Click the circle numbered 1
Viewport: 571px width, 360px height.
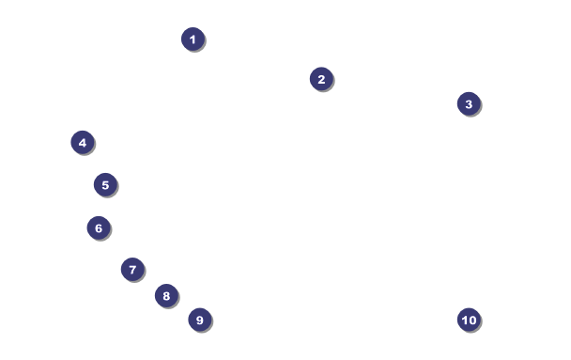(x=193, y=39)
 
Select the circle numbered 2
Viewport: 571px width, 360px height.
(x=321, y=79)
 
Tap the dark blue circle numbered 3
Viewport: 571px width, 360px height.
(x=469, y=103)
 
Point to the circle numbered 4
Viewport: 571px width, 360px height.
(x=83, y=143)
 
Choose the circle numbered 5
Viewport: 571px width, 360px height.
(x=105, y=185)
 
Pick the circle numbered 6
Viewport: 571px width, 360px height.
(x=99, y=227)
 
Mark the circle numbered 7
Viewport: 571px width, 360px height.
(x=133, y=269)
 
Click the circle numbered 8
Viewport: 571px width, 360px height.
(x=167, y=295)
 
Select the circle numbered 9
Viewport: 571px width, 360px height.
(x=200, y=320)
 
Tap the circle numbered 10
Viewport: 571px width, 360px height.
(x=469, y=320)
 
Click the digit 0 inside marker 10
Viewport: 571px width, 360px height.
(x=472, y=320)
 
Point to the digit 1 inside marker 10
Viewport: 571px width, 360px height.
(x=464, y=320)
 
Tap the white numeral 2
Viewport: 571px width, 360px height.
(x=321, y=79)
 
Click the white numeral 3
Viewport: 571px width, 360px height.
(x=469, y=104)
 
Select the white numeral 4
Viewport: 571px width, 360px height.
(x=83, y=143)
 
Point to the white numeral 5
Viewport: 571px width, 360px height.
(x=105, y=185)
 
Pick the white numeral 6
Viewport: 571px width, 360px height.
(x=99, y=228)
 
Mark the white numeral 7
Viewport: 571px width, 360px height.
(x=133, y=270)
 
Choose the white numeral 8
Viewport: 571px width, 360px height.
(x=166, y=296)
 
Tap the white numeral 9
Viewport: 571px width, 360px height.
(x=199, y=320)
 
